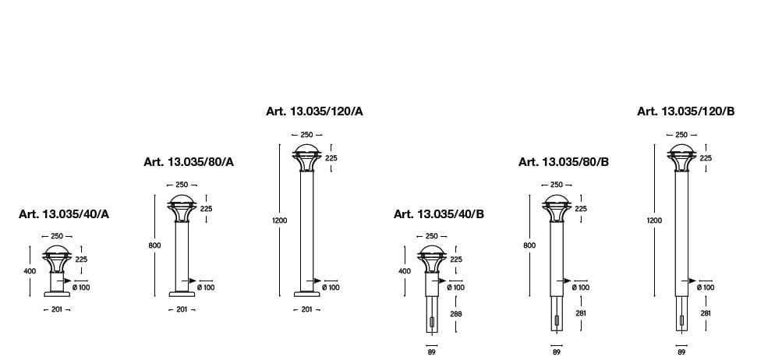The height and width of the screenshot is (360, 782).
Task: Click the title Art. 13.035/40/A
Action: (x=64, y=214)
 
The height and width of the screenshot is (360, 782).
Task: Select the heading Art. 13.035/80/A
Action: (x=189, y=162)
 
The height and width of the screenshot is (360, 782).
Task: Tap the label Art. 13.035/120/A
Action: (x=315, y=111)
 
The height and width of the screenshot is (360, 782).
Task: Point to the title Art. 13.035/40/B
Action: (x=439, y=214)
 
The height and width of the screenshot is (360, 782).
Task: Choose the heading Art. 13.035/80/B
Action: (x=564, y=162)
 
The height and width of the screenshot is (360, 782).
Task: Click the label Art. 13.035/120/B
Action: (x=686, y=111)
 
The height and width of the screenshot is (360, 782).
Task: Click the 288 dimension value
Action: (x=456, y=314)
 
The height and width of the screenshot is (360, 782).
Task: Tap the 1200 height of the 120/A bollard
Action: (x=280, y=221)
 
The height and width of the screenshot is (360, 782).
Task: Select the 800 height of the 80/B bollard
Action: (x=529, y=245)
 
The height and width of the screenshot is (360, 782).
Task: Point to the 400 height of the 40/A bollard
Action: (x=30, y=271)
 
